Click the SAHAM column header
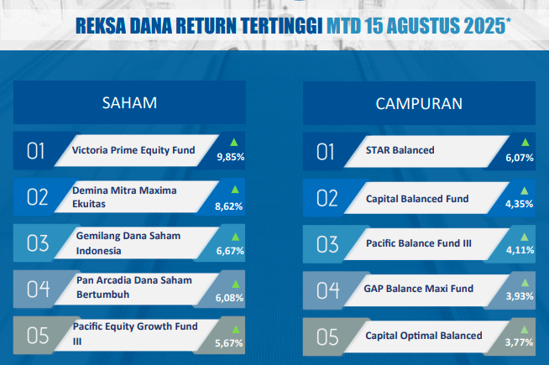tap(129, 103)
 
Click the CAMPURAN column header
tap(419, 103)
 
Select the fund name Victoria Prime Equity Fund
tap(133, 150)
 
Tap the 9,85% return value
tap(230, 157)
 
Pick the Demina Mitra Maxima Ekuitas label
tap(124, 197)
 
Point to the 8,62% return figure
tap(229, 206)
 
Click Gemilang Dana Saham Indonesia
tap(128, 243)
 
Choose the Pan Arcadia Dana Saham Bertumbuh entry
tap(134, 287)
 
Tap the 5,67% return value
tap(229, 343)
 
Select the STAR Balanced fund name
tap(400, 150)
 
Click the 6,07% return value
tap(520, 158)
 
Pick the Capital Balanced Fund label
tap(417, 199)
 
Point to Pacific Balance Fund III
tap(419, 243)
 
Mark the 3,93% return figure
tap(520, 296)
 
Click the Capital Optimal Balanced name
tap(424, 336)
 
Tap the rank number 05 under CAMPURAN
tap(327, 337)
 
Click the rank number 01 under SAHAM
tap(36, 151)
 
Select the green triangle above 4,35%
tap(524, 190)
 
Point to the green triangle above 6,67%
tap(235, 237)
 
